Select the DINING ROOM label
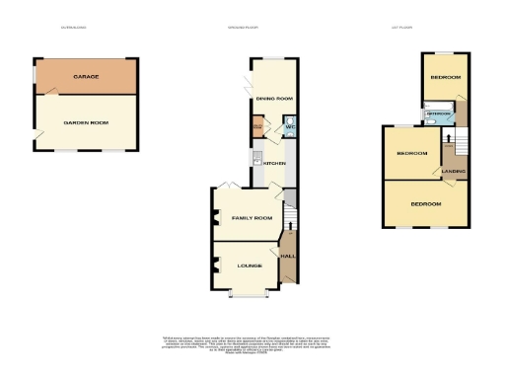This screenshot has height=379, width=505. pyautogui.click(x=274, y=99)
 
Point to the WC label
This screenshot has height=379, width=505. pyautogui.click(x=290, y=127)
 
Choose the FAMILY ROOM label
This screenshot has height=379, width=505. pyautogui.click(x=252, y=217)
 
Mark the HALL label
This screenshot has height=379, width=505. pyautogui.click(x=288, y=256)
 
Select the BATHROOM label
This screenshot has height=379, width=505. pyautogui.click(x=437, y=114)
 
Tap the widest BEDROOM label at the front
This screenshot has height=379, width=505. pyautogui.click(x=426, y=203)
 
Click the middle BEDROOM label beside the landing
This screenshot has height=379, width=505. pyautogui.click(x=411, y=154)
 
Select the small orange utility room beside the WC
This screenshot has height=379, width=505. pyautogui.click(x=258, y=127)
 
